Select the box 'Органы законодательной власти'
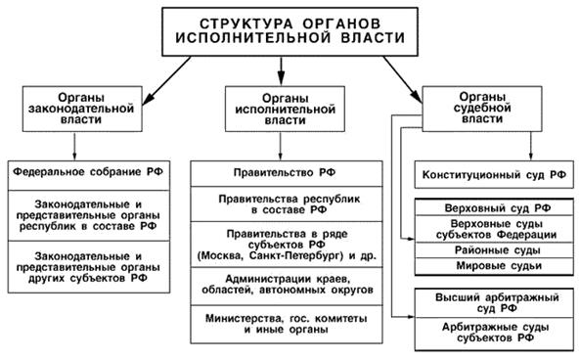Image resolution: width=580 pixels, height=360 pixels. [x=75, y=109]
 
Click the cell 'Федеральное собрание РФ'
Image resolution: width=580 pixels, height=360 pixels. [x=89, y=171]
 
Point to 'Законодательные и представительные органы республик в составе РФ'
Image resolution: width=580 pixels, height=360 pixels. [x=89, y=212]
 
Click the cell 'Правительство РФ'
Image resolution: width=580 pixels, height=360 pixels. [x=280, y=172]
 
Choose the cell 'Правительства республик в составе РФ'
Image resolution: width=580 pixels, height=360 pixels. [x=280, y=203]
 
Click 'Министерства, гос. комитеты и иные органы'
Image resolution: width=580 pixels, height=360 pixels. [x=280, y=322]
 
